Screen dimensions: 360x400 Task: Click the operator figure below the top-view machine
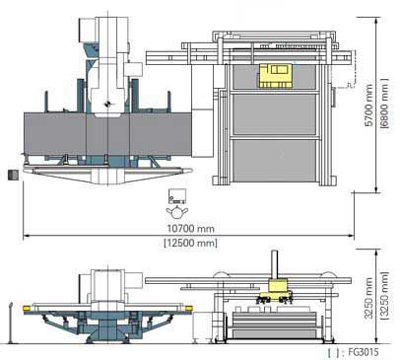(177, 211)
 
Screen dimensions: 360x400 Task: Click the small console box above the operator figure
(177, 194)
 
